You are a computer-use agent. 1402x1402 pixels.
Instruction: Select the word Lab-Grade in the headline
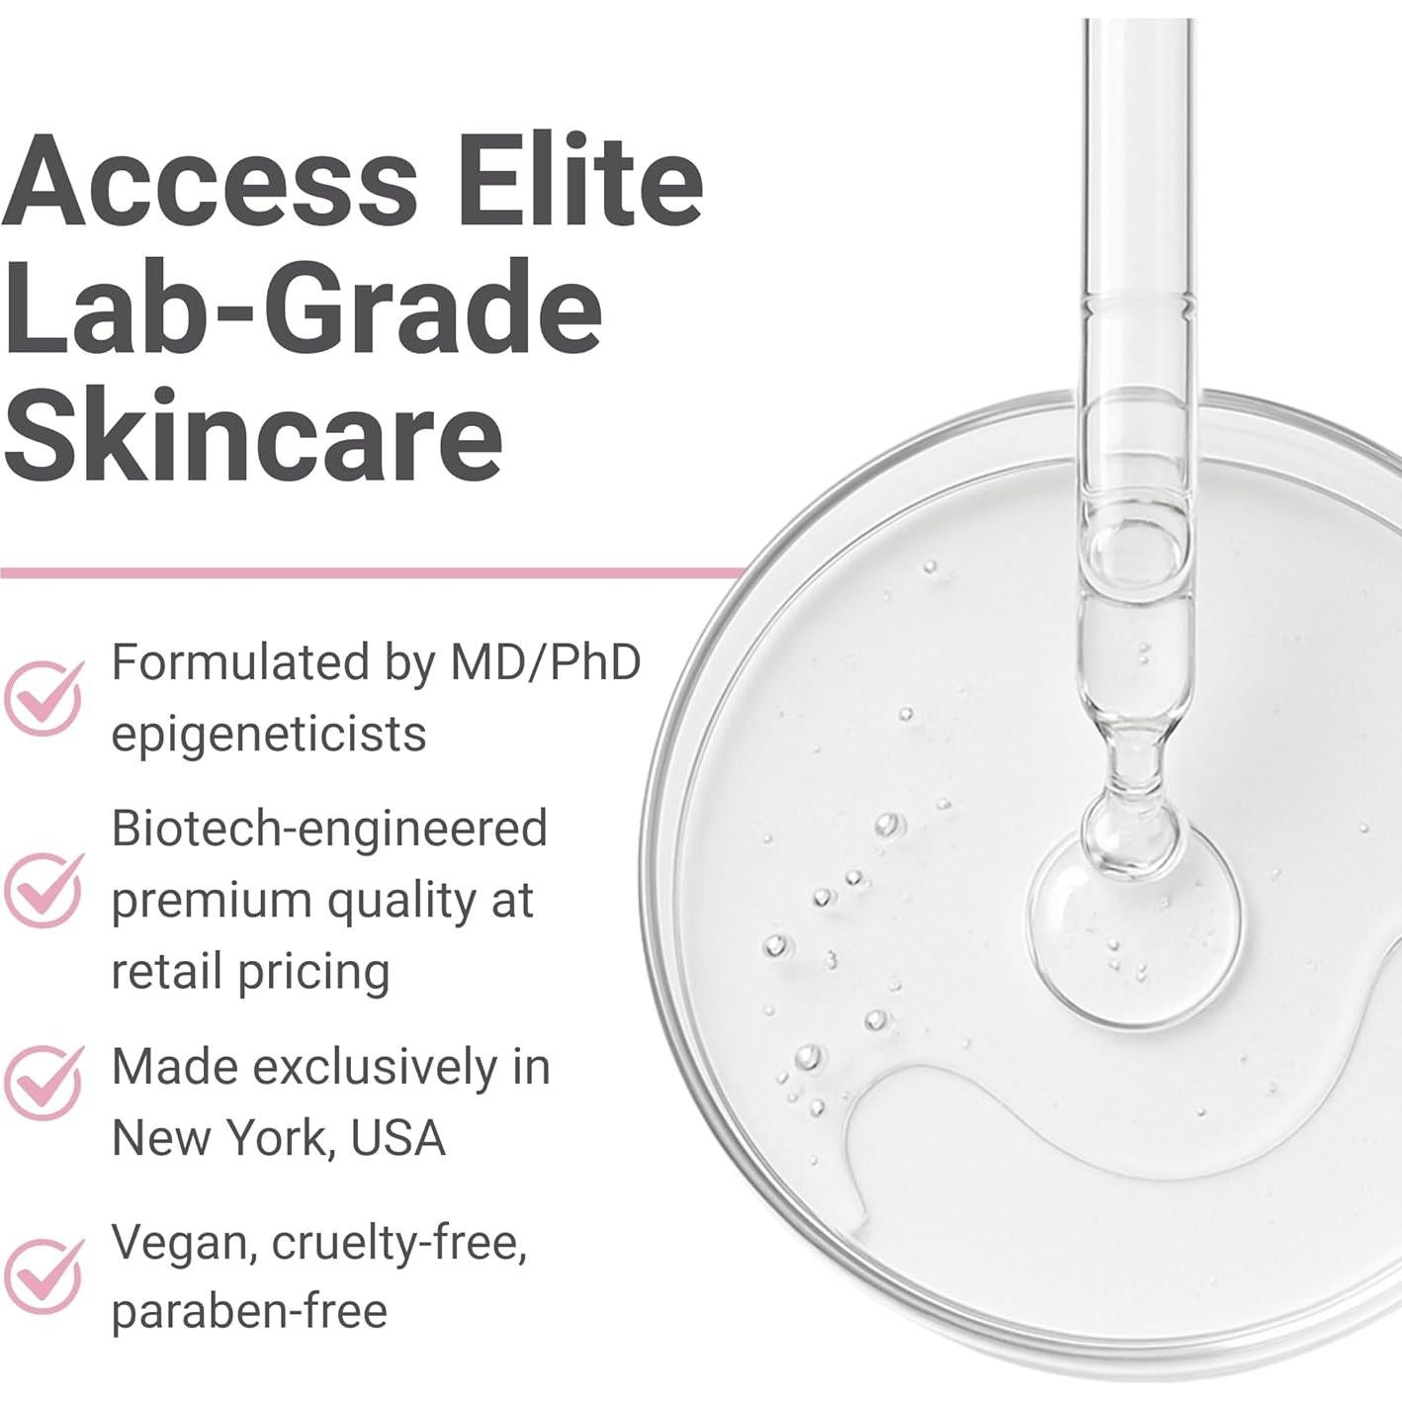(302, 308)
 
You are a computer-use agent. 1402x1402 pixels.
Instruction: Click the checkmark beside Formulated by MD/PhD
(44, 698)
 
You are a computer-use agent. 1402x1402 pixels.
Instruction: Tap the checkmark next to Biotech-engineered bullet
(44, 890)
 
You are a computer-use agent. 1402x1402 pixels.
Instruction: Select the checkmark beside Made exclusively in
(44, 1083)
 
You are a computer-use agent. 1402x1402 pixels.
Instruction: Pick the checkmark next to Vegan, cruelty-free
(44, 1275)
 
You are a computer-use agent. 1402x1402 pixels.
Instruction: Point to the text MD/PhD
(545, 662)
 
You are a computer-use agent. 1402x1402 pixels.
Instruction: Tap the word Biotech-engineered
(329, 829)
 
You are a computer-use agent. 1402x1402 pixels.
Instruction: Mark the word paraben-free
(249, 1312)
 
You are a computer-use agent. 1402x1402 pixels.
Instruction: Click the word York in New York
(274, 1139)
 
